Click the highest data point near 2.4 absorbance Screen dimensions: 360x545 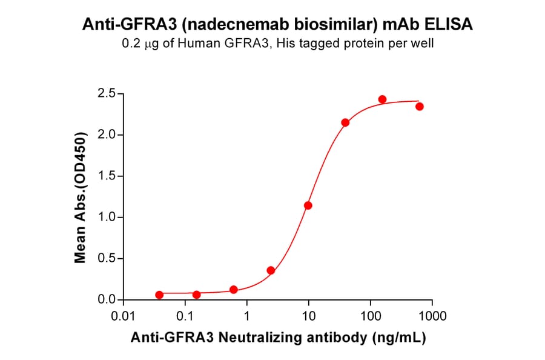[382, 99]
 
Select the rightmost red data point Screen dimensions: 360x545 [419, 107]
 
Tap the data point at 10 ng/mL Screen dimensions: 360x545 [308, 205]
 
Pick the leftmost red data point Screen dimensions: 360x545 [159, 295]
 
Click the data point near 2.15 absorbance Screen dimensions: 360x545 [345, 122]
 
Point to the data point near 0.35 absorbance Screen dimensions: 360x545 [271, 270]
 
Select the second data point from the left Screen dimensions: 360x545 [196, 295]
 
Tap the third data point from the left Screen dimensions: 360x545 [234, 290]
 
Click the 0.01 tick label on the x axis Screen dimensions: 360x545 [124, 316]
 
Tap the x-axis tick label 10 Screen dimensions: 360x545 [309, 316]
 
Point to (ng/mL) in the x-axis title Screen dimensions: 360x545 [399, 338]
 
